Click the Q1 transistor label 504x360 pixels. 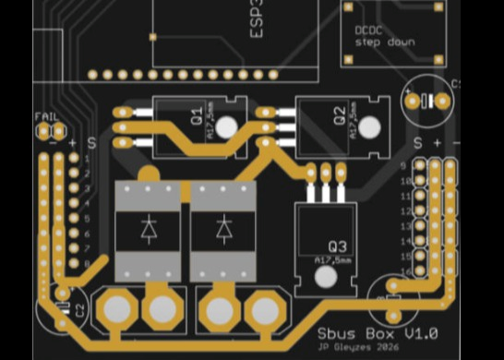click(x=197, y=116)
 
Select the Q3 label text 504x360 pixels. click(x=337, y=246)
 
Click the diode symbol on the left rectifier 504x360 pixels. click(x=148, y=231)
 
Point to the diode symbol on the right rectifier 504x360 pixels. click(x=224, y=231)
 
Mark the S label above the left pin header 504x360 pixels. click(x=91, y=142)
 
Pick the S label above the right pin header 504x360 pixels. click(x=418, y=143)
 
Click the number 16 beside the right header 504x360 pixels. click(x=405, y=270)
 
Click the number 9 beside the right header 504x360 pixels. click(x=406, y=166)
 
